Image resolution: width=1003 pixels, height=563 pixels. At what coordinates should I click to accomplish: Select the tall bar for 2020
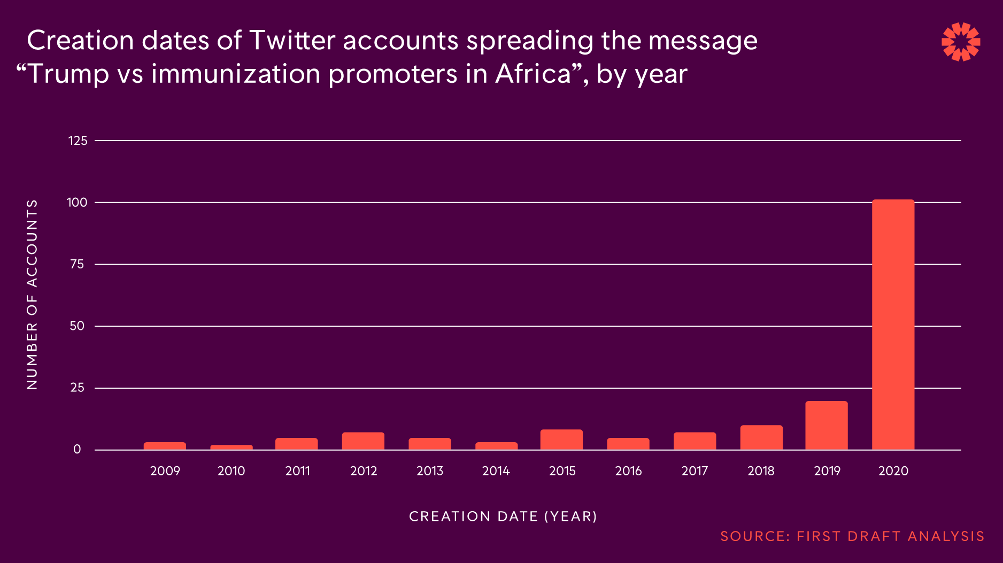pyautogui.click(x=893, y=325)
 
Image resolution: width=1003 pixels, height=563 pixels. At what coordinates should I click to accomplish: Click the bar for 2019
pyautogui.click(x=826, y=426)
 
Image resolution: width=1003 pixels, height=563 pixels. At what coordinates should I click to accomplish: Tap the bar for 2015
pyautogui.click(x=561, y=439)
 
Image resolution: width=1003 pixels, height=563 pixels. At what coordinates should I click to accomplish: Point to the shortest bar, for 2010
pyautogui.click(x=232, y=447)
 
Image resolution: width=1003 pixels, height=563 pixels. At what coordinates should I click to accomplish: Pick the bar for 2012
pyautogui.click(x=363, y=441)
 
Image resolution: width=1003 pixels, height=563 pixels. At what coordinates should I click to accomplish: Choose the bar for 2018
pyautogui.click(x=761, y=437)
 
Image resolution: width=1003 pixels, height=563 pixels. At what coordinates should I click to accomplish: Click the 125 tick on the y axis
pyautogui.click(x=78, y=141)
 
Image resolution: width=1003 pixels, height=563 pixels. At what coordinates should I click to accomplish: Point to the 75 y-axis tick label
pyautogui.click(x=78, y=264)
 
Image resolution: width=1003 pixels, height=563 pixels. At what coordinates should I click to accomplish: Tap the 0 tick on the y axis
pyautogui.click(x=78, y=450)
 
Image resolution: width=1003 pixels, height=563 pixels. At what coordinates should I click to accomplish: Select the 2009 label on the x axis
pyautogui.click(x=165, y=471)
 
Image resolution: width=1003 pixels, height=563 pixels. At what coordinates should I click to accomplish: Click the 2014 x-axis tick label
pyautogui.click(x=496, y=471)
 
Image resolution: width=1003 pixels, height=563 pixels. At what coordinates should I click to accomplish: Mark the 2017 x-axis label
pyautogui.click(x=695, y=471)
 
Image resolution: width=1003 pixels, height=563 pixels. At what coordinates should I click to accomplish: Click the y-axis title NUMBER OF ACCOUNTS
pyautogui.click(x=32, y=295)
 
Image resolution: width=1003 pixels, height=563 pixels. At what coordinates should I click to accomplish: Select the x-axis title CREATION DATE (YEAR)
pyautogui.click(x=503, y=516)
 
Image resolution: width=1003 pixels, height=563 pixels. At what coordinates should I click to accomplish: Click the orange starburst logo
pyautogui.click(x=961, y=42)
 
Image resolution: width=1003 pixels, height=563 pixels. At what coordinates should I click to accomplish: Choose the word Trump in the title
pyautogui.click(x=68, y=74)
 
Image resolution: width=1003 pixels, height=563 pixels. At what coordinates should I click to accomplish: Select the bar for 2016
pyautogui.click(x=628, y=444)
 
